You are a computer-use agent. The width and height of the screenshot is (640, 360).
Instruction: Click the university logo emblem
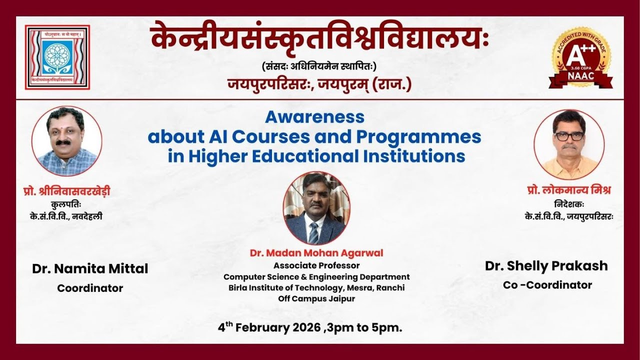(x=57, y=57)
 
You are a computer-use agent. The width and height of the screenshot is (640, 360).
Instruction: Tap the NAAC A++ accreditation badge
(x=581, y=58)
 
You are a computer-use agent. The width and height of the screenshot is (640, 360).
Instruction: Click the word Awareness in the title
(x=314, y=117)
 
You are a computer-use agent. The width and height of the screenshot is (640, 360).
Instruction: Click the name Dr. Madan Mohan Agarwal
(x=316, y=253)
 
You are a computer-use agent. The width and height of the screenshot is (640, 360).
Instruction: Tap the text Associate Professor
(x=316, y=265)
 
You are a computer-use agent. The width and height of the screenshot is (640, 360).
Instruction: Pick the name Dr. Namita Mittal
(x=90, y=268)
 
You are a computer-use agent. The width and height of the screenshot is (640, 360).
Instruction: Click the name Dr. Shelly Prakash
(x=546, y=266)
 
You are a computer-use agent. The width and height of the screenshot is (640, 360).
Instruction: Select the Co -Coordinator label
(x=547, y=285)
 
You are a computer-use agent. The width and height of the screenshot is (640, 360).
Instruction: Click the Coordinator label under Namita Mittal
(x=90, y=288)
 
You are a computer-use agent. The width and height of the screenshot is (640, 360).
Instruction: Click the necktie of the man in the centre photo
(x=314, y=232)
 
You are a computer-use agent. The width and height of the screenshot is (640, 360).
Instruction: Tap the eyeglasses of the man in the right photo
(x=569, y=135)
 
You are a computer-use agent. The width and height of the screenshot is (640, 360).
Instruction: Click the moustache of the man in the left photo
(x=63, y=142)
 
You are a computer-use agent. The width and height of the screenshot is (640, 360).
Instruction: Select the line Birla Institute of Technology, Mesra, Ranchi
(x=316, y=288)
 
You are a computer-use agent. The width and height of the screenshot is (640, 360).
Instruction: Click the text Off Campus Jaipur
(x=316, y=299)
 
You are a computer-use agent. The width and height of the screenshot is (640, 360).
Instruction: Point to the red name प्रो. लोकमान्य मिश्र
(x=569, y=190)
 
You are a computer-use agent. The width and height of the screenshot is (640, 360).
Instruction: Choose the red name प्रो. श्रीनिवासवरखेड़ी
(x=66, y=191)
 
